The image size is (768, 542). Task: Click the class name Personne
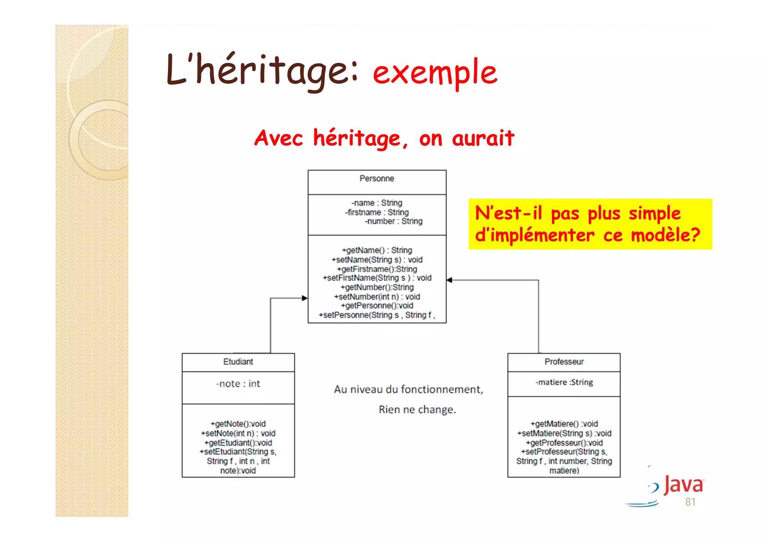pos(376,179)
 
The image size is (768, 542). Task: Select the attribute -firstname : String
pos(376,212)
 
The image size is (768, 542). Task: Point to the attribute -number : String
pos(393,221)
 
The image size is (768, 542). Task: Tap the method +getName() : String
pos(376,250)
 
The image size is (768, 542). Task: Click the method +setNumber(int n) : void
pos(376,297)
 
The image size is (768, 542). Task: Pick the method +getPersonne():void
pos(376,306)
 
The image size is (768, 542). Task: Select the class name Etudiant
pos(238,362)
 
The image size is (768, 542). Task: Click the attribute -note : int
pos(238,384)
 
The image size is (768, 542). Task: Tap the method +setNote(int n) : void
pos(238,433)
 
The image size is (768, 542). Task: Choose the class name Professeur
pos(564,362)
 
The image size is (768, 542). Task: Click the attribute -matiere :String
pos(564,382)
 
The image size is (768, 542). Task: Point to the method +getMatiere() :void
pos(564,424)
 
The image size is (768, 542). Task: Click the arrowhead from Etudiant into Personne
pos(304,298)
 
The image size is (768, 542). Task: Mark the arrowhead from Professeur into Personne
pos(450,280)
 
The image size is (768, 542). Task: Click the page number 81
pos(690,502)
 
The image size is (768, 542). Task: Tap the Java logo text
pos(683,485)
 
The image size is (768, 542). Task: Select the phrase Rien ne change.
pos(417,410)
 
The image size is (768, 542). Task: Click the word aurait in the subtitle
pos(483,139)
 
